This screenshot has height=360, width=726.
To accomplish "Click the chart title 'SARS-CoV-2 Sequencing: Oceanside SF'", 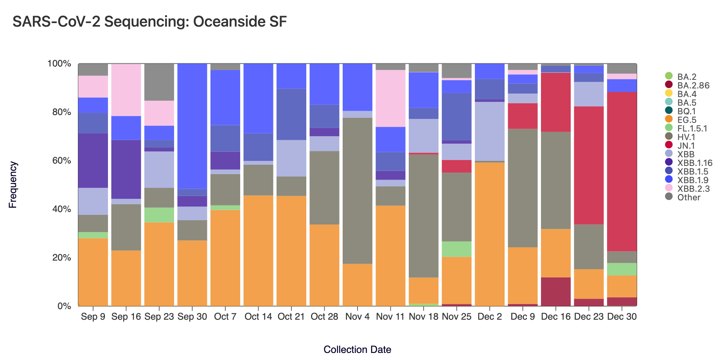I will point(149,22).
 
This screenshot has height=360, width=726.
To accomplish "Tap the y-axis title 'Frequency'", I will point(13,184).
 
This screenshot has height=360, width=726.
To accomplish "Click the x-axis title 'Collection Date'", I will point(357,349).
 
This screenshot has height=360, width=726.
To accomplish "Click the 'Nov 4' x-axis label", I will point(357,317).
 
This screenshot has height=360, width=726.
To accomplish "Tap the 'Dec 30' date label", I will point(622,317).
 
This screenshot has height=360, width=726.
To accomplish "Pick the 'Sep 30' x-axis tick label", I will point(192,317).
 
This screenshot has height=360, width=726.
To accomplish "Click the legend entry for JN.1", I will point(686,146).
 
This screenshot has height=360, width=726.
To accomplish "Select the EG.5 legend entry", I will point(686,120).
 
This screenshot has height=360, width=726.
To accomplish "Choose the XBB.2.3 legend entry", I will point(693,189).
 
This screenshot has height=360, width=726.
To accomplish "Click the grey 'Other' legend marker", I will point(669,197).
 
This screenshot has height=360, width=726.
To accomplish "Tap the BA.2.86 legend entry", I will point(693,85).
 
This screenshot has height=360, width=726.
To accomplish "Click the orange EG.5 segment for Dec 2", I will point(490,234).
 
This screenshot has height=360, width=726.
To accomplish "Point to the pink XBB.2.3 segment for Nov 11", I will point(390,98).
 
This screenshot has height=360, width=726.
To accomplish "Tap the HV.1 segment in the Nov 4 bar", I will point(357,191).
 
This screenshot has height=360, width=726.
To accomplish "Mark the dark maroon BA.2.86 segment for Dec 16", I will point(556,292).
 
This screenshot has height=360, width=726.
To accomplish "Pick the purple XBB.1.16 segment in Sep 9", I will point(93,160).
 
